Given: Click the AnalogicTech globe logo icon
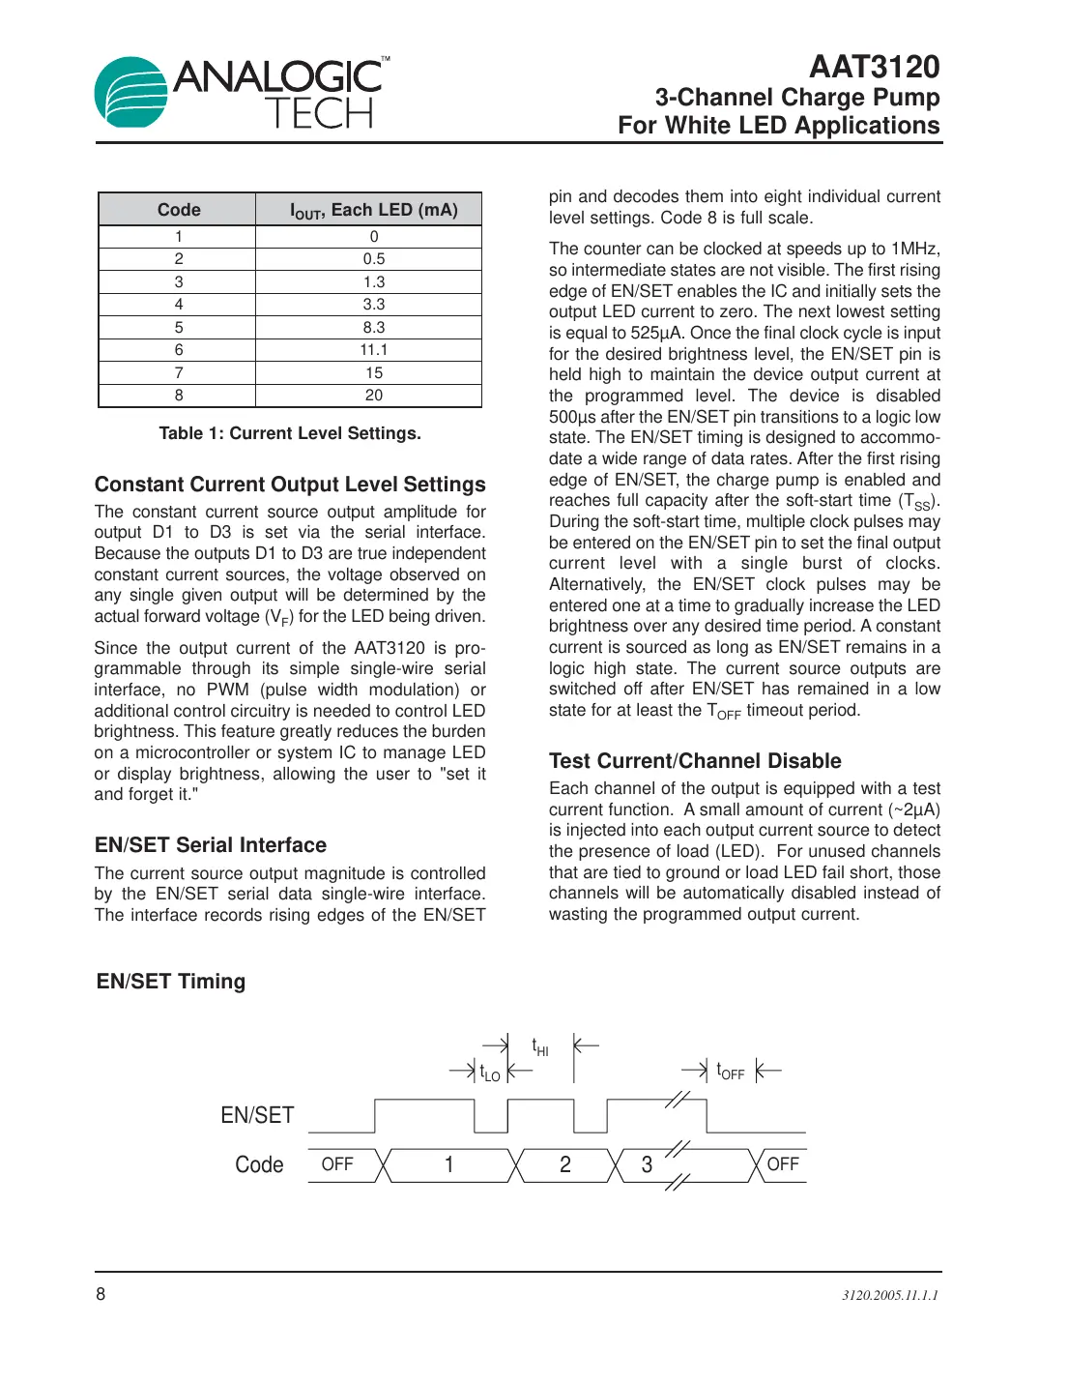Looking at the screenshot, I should click(x=131, y=92).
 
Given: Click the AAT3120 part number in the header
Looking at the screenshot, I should click(x=874, y=67).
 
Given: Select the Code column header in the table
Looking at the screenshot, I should click(x=179, y=210).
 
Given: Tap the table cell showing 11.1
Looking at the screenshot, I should click(x=373, y=350).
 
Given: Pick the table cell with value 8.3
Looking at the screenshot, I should click(x=373, y=328).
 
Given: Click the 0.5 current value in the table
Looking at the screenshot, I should click(x=373, y=259).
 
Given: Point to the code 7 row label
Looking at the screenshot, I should click(x=179, y=373).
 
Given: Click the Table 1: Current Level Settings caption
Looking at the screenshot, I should click(x=290, y=433).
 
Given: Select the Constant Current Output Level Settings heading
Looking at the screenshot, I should click(x=290, y=485).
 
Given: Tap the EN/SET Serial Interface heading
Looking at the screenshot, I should click(x=211, y=845).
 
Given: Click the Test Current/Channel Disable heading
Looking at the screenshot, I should click(x=695, y=761).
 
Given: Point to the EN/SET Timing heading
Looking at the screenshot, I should click(x=171, y=982).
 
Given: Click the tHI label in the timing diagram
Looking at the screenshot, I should click(x=540, y=1047).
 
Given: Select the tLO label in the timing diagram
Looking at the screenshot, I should click(x=490, y=1073).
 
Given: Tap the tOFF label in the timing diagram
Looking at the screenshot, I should click(x=731, y=1072).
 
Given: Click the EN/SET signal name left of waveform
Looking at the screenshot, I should click(x=257, y=1115).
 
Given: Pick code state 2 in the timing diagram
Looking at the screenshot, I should click(x=565, y=1164).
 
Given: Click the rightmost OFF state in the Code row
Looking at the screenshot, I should click(x=783, y=1164).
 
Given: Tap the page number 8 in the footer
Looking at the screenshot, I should click(x=101, y=1294).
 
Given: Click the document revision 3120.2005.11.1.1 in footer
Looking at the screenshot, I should click(x=889, y=1295).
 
